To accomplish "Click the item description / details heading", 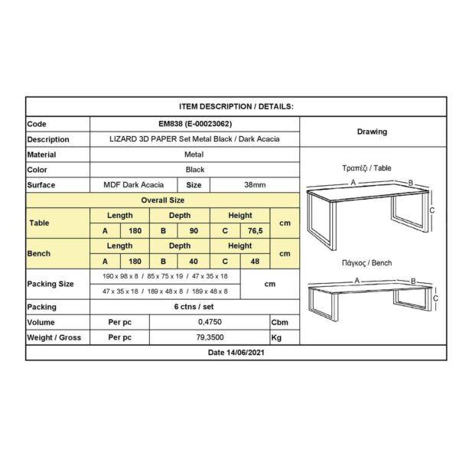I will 236,108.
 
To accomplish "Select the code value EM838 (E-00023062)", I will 194,124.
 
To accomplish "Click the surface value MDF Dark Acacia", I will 134,185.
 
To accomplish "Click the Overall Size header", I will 163,200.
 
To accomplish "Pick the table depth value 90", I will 195,230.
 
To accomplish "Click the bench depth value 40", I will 195,261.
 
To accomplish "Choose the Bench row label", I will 40,252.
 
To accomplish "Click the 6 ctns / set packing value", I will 194,307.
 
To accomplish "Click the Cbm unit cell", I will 281,322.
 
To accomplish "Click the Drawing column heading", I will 372,132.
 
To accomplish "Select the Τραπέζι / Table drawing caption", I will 366,167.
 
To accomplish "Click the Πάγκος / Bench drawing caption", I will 366,263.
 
